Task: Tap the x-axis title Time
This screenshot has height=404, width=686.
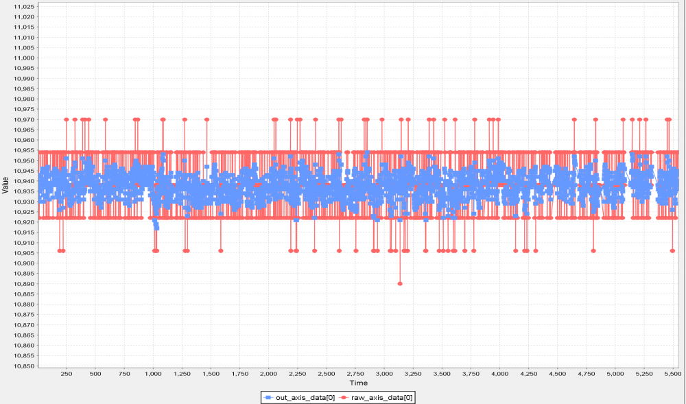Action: [x=357, y=383]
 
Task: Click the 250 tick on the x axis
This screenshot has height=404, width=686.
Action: [x=67, y=374]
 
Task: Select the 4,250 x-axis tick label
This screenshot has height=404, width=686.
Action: [x=529, y=374]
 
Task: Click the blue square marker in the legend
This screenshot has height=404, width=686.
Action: [x=268, y=397]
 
